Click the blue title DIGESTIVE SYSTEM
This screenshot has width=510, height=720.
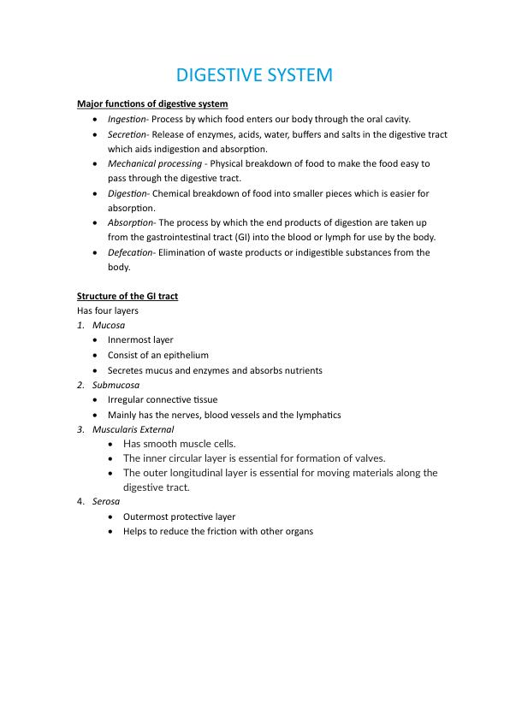[x=255, y=75]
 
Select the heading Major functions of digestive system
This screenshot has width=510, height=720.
[x=152, y=103]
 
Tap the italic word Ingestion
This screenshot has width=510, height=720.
[x=127, y=119]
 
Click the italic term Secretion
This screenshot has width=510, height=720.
[x=127, y=134]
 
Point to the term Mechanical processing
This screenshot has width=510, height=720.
[x=155, y=163]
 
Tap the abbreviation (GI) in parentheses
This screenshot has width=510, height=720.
[x=220, y=237]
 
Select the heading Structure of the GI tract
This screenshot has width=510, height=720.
[x=127, y=296]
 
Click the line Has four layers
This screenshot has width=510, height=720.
[x=108, y=310]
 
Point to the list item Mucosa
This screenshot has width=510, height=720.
[x=109, y=325]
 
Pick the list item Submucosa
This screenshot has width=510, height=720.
[x=116, y=385]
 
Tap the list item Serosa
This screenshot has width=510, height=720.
[x=106, y=501]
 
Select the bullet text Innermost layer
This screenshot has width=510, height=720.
[x=140, y=339]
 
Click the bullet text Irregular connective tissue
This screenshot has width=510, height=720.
[x=163, y=399]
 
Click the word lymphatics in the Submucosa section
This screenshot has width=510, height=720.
[x=317, y=415]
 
